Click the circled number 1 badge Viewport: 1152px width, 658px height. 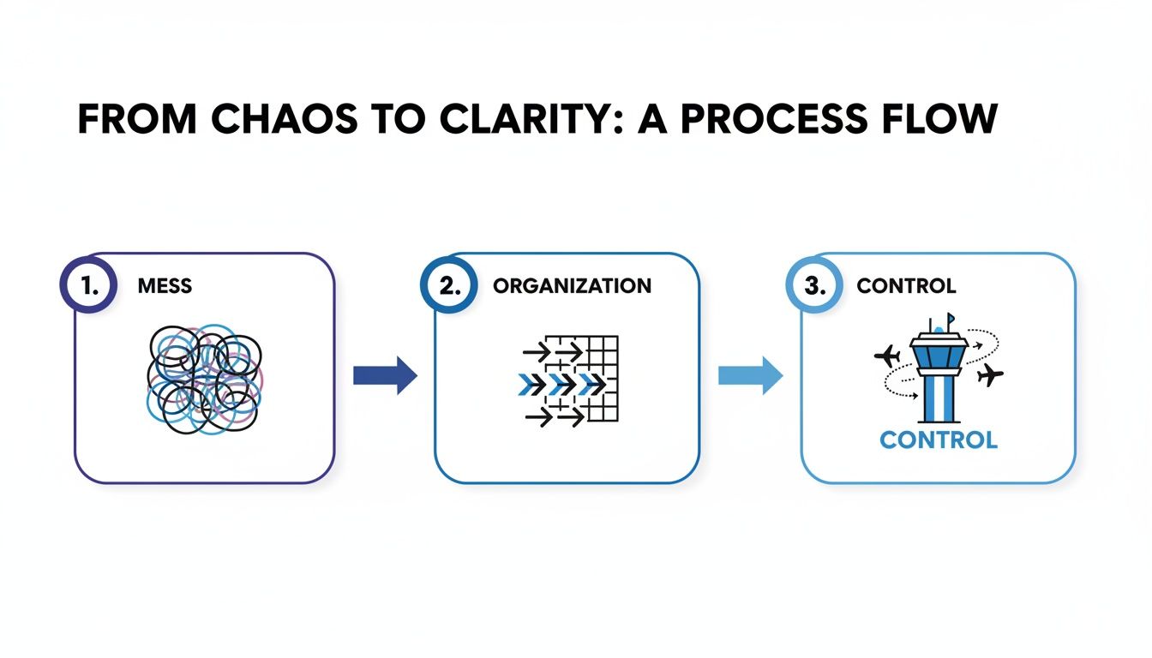[88, 285]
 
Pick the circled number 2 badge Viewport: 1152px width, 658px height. [448, 285]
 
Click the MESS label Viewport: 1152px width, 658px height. [165, 286]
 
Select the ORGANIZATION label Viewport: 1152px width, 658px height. [572, 286]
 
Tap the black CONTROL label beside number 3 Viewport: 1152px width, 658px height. [906, 286]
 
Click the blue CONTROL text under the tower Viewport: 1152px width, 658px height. [938, 440]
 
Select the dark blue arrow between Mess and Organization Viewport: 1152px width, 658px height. [385, 376]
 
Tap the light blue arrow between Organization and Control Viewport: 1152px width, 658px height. [750, 376]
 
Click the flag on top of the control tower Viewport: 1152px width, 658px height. [951, 320]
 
